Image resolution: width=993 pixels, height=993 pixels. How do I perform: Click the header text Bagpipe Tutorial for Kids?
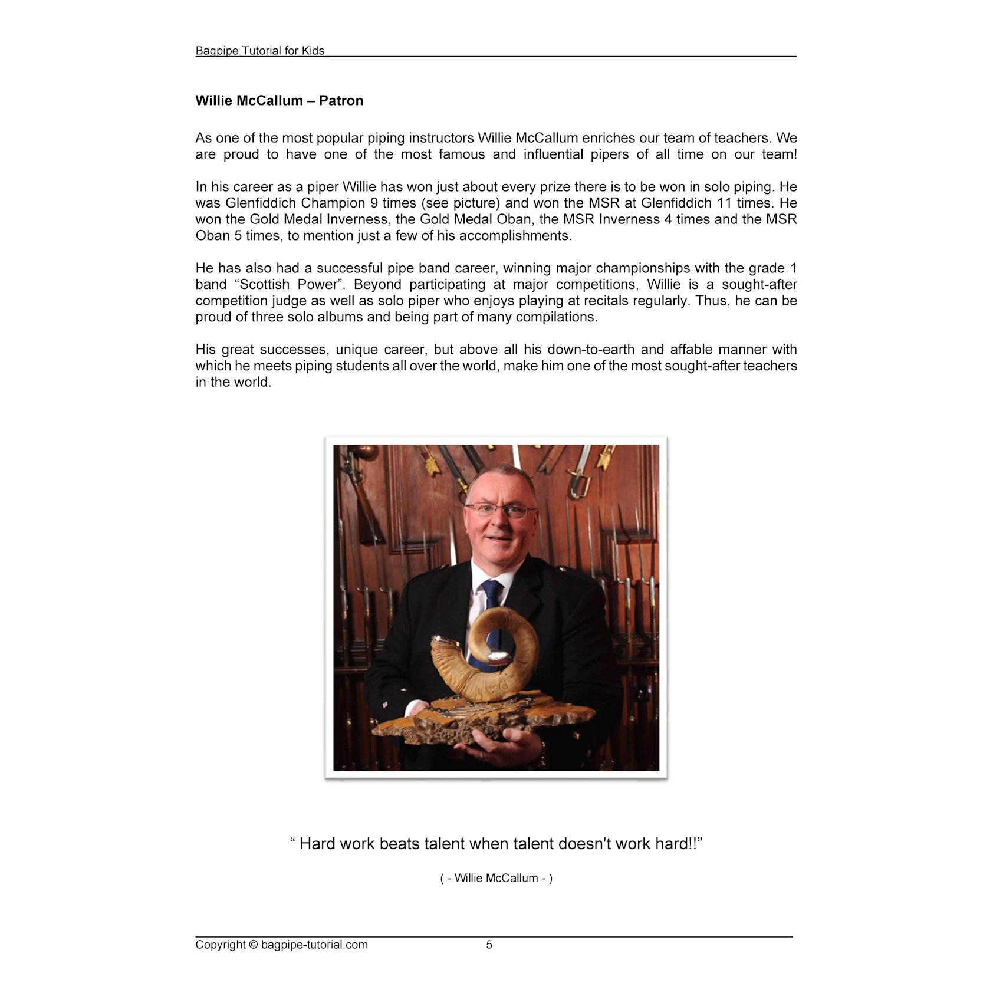259,51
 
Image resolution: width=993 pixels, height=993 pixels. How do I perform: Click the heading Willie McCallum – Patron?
279,101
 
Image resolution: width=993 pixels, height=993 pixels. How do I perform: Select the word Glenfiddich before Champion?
262,203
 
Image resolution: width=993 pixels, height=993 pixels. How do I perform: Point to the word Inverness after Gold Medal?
357,219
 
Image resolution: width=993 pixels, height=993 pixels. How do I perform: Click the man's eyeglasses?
500,510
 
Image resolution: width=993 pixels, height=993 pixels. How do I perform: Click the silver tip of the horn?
499,656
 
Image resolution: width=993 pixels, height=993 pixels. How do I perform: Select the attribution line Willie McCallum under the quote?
496,878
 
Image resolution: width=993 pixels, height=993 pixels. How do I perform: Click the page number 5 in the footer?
489,945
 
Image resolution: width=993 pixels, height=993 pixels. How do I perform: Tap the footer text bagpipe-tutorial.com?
314,945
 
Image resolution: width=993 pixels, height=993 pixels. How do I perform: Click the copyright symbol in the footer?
254,945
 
